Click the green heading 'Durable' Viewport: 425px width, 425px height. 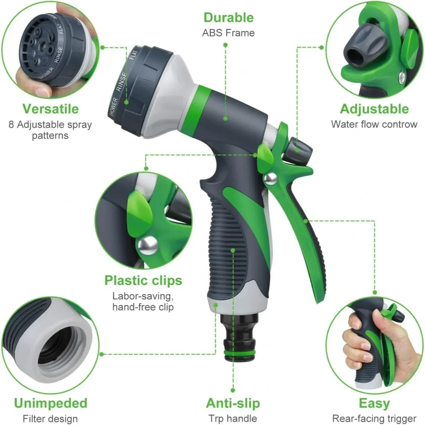point(228,18)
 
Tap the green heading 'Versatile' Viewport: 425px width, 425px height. point(51,109)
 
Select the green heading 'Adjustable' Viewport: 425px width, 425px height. point(374,109)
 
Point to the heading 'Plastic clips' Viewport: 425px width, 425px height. point(143,280)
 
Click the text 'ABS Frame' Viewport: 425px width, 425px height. point(228,33)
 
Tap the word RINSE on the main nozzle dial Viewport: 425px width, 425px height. point(122,81)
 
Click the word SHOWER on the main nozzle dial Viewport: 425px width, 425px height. point(114,107)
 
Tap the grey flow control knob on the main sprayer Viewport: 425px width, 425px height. point(300,149)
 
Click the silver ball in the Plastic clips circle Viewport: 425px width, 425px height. point(148,245)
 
